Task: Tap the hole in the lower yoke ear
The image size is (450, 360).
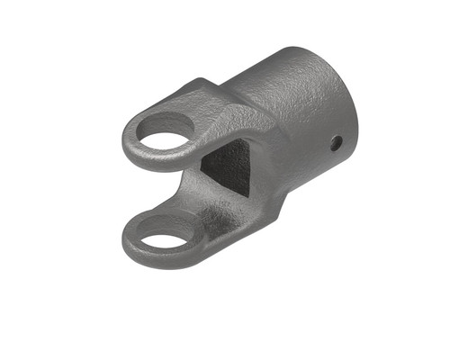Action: tap(164, 241)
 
